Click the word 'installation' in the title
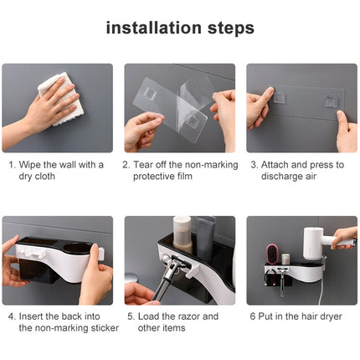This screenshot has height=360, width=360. point(154,28)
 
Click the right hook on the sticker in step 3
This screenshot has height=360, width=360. point(332,101)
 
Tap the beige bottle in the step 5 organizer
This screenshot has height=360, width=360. point(182,232)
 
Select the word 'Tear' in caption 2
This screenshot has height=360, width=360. point(145,165)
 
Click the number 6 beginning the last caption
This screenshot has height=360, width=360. point(250,316)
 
